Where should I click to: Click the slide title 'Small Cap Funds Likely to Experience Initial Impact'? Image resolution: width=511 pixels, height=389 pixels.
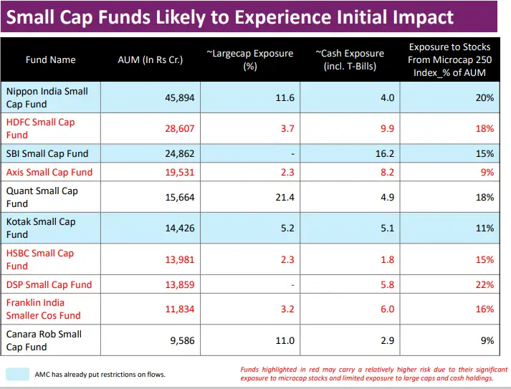coord(229,17)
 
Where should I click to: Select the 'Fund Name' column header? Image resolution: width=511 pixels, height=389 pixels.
coord(50,59)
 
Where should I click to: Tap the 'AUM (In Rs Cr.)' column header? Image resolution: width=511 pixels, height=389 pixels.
coord(150,59)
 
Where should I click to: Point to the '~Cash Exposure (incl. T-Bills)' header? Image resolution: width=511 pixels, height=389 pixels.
coord(349,59)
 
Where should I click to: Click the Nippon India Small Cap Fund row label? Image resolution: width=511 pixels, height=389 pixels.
coord(47,97)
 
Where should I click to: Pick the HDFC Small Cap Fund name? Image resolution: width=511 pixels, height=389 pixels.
coord(40,128)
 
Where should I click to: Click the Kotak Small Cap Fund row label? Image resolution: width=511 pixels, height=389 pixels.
coord(41,228)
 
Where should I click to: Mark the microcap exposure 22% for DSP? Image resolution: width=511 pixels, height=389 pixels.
coord(484,284)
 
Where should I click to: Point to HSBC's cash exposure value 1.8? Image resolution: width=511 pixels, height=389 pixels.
coord(387,259)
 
